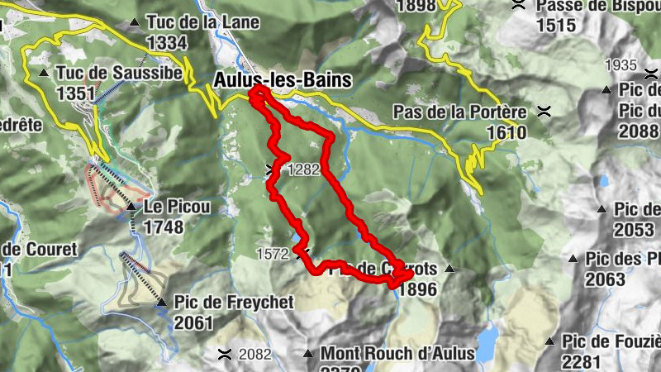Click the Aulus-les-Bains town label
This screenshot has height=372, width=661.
coord(283,80)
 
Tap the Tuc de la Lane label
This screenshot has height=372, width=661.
coord(202,22)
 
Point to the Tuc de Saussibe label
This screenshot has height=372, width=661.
coord(119,73)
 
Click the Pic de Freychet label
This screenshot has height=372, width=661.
coord(234,303)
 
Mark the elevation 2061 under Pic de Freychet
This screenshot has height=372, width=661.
coord(193,322)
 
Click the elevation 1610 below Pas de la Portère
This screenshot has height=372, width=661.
coord(506,131)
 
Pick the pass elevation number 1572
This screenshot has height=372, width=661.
coord(273,253)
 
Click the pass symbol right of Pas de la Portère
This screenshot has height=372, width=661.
coord(544,111)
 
